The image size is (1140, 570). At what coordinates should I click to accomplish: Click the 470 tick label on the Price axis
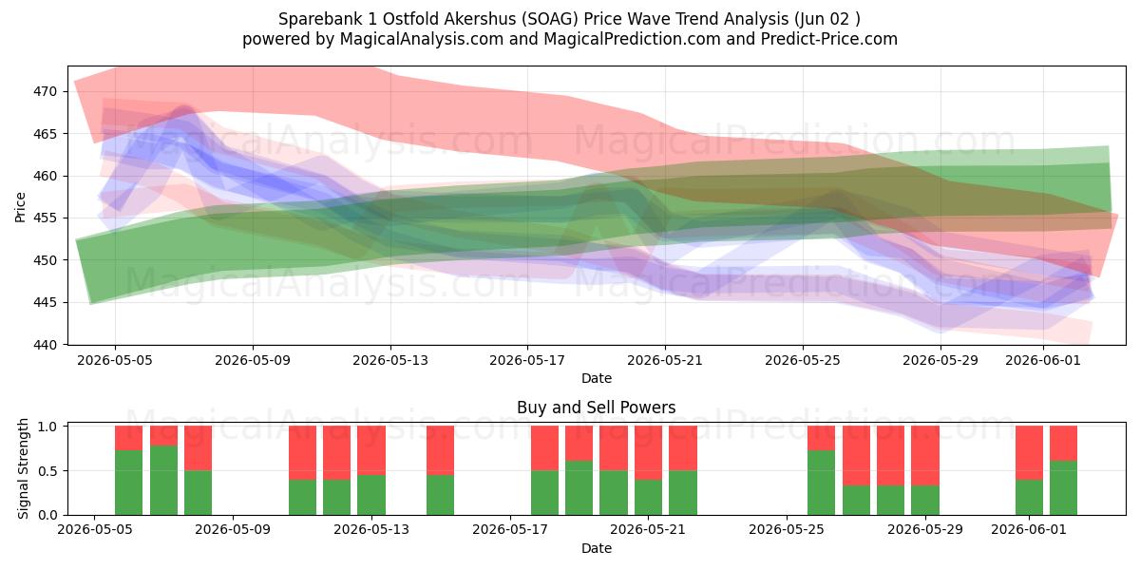(45, 91)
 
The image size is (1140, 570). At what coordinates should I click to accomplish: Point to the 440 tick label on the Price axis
(45, 345)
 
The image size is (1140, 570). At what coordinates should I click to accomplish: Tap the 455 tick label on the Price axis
(45, 218)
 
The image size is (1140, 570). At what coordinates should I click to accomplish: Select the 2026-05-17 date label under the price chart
(527, 360)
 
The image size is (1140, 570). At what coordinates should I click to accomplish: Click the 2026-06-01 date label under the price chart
(1043, 360)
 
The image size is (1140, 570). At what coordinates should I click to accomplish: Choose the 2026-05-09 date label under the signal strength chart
(233, 529)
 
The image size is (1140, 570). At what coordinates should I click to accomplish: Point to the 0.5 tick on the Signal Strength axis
(47, 471)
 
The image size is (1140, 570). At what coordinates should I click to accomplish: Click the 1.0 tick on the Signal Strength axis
(47, 426)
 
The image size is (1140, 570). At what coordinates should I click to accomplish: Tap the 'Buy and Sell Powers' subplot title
(596, 408)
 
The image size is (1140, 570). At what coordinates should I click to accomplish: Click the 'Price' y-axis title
(20, 207)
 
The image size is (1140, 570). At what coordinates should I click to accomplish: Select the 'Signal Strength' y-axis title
(23, 468)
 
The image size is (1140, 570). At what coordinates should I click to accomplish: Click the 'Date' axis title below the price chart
(597, 378)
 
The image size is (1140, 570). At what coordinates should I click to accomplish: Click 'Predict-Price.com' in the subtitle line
(829, 39)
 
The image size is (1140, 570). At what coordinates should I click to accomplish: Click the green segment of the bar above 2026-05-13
(371, 495)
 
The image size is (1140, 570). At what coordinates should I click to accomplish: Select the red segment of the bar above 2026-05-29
(925, 455)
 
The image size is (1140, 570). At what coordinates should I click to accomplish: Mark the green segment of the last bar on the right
(1064, 488)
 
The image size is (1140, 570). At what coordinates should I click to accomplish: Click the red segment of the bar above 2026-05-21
(648, 453)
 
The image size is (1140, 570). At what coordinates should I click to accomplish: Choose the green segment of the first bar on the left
(129, 483)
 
